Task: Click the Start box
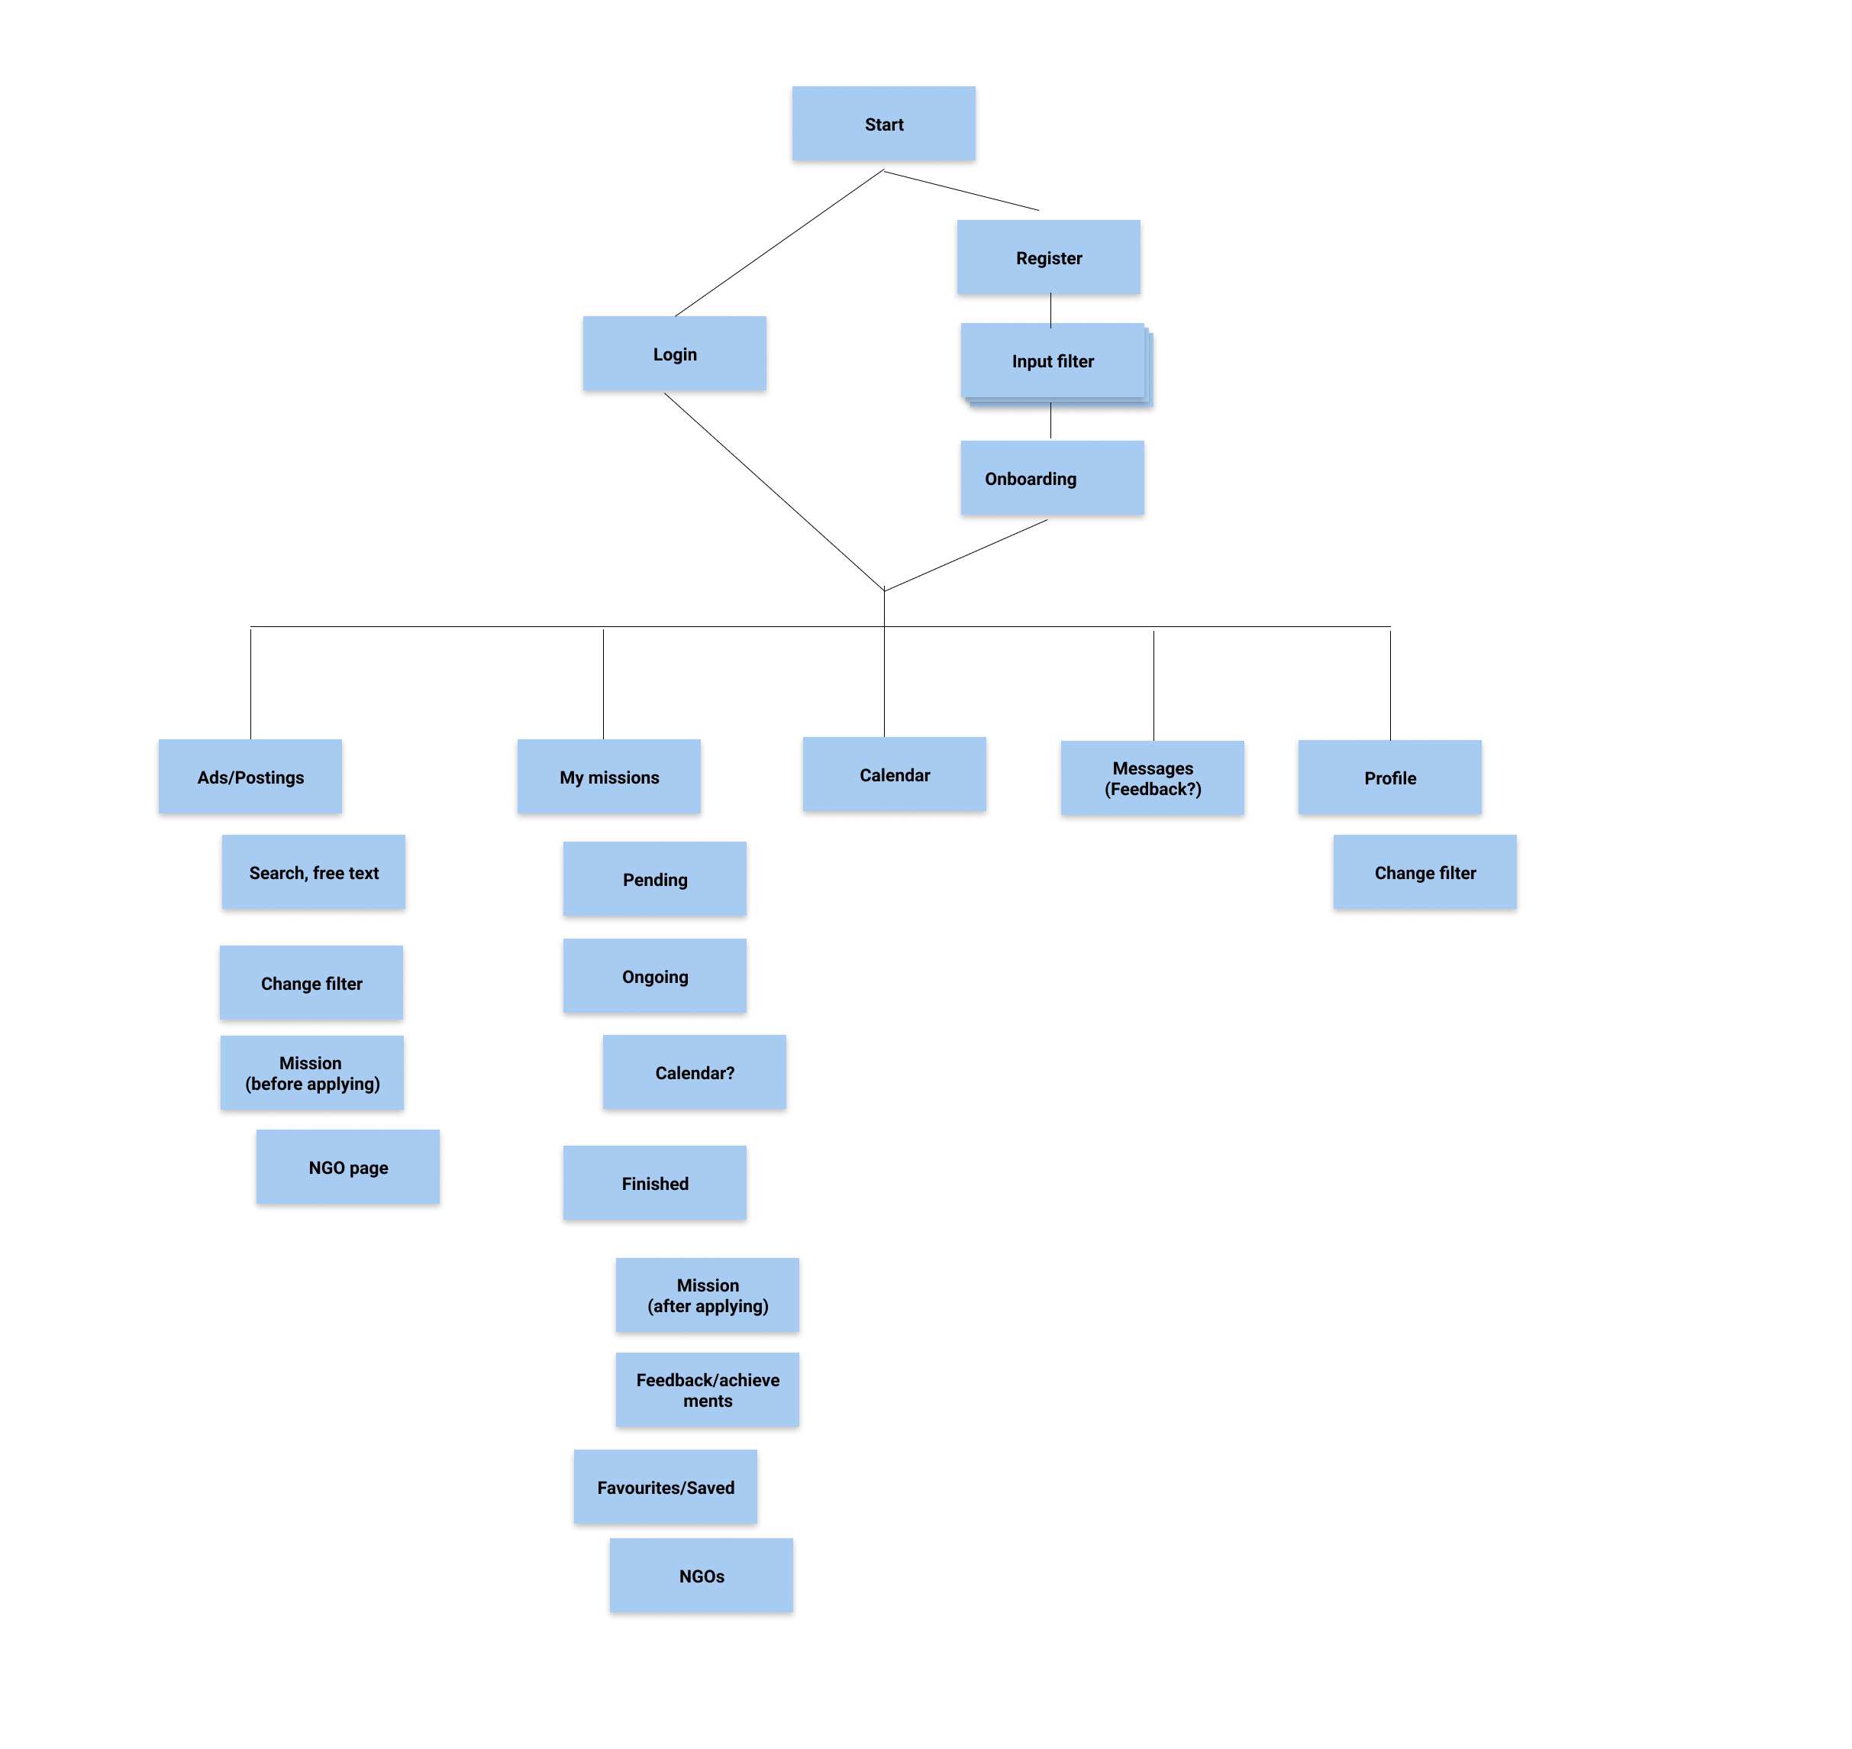882,124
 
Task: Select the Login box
674,354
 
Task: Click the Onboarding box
1051,478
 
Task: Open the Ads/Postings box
250,777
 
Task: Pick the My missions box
608,777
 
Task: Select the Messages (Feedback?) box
1152,778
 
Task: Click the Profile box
1389,778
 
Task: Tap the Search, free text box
313,873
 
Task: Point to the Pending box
654,879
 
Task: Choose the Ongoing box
654,976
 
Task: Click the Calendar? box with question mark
695,1072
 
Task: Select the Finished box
654,1183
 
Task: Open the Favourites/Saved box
665,1487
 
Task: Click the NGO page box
347,1167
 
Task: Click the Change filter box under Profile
1424,873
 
